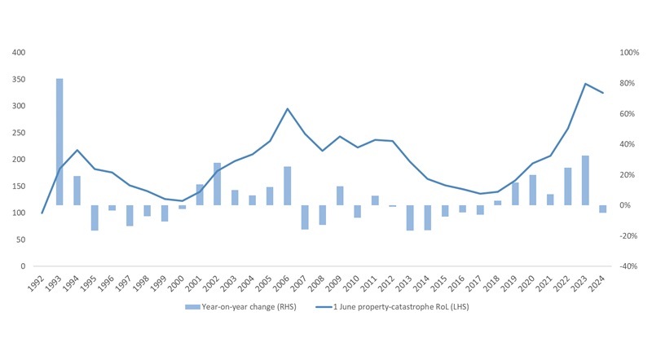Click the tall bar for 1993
[x=59, y=142]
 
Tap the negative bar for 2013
[x=410, y=217]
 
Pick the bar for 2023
[x=585, y=180]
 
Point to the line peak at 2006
[x=288, y=108]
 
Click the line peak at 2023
[x=585, y=83]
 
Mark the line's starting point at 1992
[x=42, y=213]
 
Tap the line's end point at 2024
[x=603, y=93]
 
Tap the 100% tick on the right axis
[x=629, y=52]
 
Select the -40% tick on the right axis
[x=629, y=266]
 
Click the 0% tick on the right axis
[x=626, y=205]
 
